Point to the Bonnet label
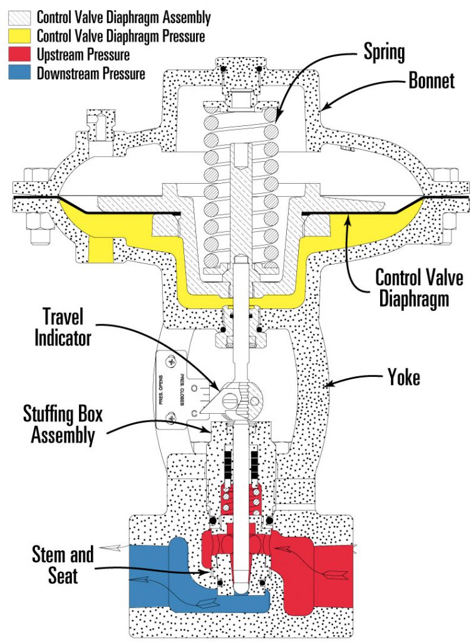pyautogui.click(x=431, y=80)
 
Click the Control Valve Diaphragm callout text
pyautogui.click(x=412, y=288)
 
